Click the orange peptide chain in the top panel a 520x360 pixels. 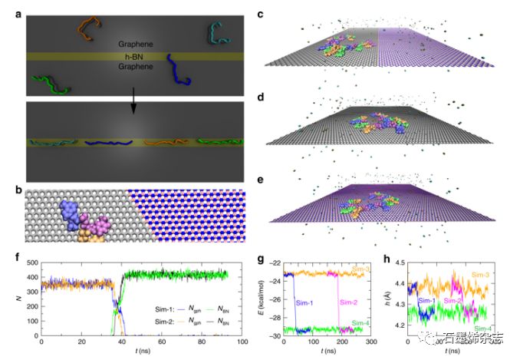click(x=91, y=26)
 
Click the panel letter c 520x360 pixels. click(x=262, y=13)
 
